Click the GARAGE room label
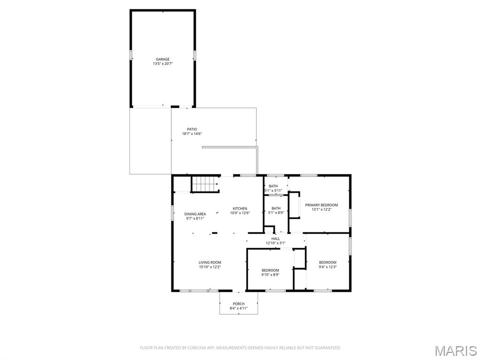pyautogui.click(x=163, y=59)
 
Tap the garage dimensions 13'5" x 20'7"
pyautogui.click(x=163, y=64)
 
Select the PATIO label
pyautogui.click(x=192, y=129)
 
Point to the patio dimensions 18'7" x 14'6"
pyautogui.click(x=192, y=134)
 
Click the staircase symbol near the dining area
pyautogui.click(x=205, y=184)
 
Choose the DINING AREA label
pyautogui.click(x=195, y=214)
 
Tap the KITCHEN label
pyautogui.click(x=240, y=208)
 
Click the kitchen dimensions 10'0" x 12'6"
pyautogui.click(x=240, y=213)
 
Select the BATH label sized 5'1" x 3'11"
pyautogui.click(x=273, y=186)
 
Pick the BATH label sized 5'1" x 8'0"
pyautogui.click(x=276, y=208)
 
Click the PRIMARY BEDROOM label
pyautogui.click(x=321, y=205)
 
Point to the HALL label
pyautogui.click(x=275, y=238)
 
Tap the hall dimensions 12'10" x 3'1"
pyautogui.click(x=275, y=243)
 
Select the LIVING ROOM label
pyautogui.click(x=209, y=262)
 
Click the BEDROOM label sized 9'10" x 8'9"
pyautogui.click(x=270, y=270)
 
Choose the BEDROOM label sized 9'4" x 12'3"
pyautogui.click(x=327, y=262)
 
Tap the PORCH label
pyautogui.click(x=239, y=304)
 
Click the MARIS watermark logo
pyautogui.click(x=456, y=351)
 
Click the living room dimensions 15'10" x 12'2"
pyautogui.click(x=209, y=267)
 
